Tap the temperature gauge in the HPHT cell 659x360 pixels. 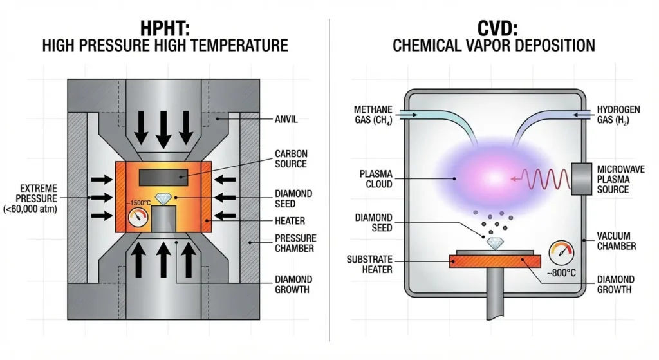coord(136,218)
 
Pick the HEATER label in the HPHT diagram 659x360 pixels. coord(290,220)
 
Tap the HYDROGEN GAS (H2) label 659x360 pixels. coord(618,115)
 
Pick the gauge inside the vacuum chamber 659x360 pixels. coord(561,252)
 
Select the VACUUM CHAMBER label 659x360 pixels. coord(617,241)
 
